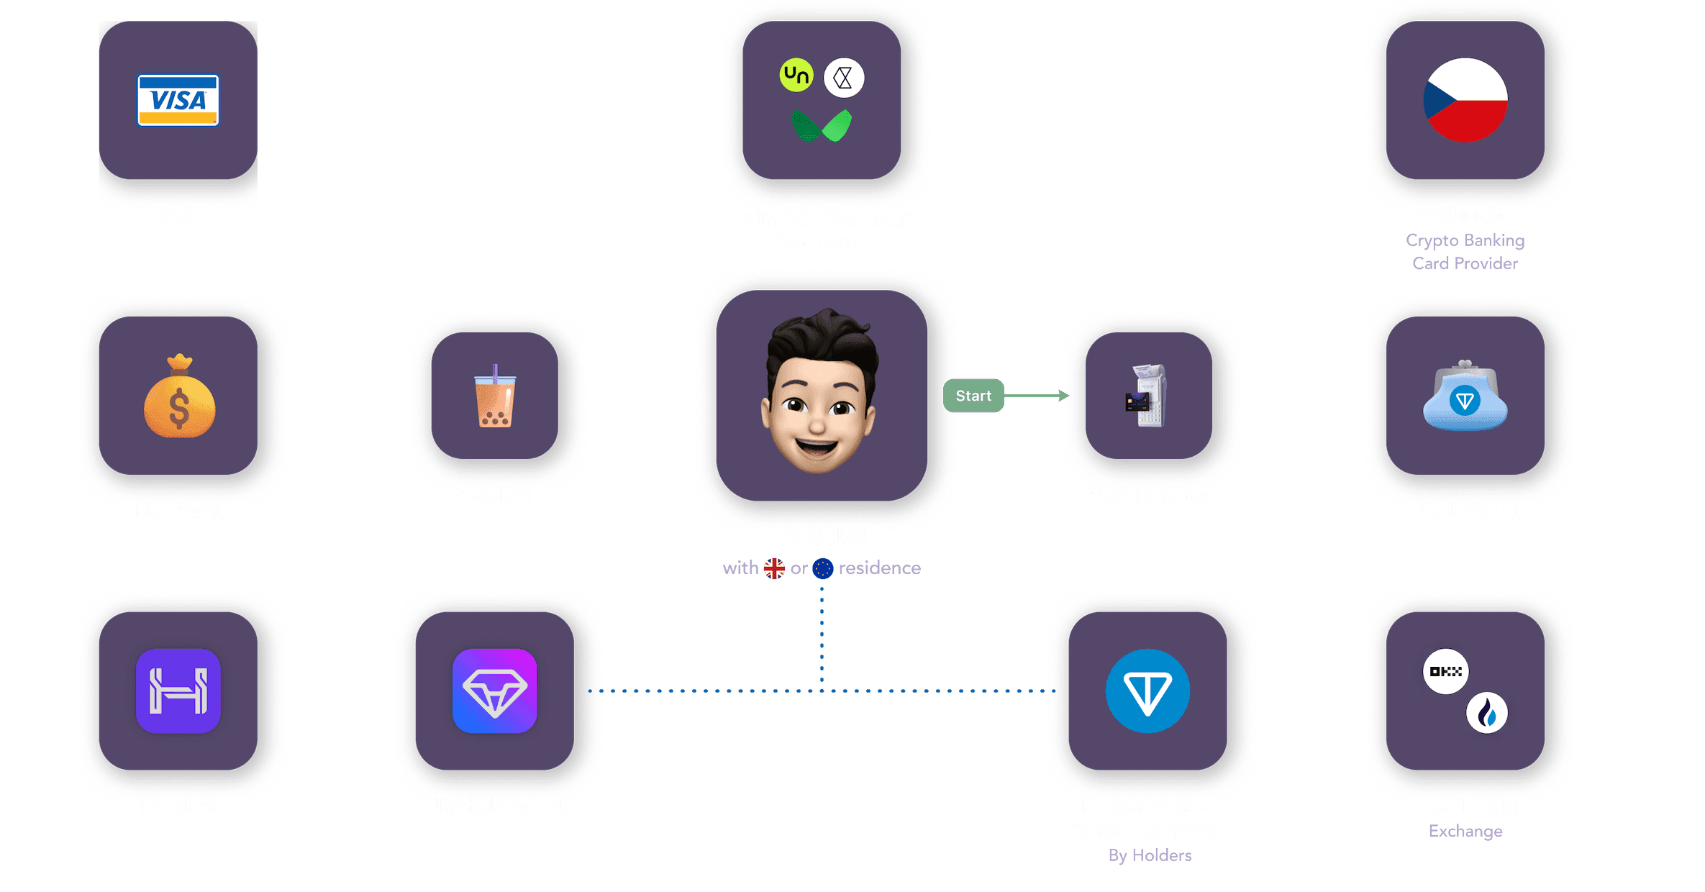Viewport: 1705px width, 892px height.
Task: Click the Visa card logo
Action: coord(178,100)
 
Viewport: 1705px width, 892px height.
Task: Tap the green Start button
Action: coord(973,396)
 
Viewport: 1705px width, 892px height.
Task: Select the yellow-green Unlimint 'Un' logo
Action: coord(796,75)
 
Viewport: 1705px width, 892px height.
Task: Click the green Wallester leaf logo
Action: coord(822,126)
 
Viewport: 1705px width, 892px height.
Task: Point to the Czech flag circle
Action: coord(1465,100)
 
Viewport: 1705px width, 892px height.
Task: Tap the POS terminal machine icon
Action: coord(1147,396)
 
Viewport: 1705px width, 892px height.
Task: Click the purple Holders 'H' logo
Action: coord(178,691)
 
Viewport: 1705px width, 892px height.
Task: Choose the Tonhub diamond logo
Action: coord(495,691)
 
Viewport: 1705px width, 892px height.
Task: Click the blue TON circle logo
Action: coord(1147,691)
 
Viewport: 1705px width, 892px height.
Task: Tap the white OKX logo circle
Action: coord(1445,671)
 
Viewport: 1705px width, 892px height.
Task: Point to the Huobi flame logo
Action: coord(1487,713)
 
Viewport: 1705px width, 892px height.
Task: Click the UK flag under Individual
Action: coord(774,568)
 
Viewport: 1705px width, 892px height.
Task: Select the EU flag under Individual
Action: coord(823,568)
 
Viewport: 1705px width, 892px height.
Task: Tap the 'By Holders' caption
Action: coord(1150,855)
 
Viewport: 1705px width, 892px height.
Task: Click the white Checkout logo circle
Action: coord(844,78)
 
